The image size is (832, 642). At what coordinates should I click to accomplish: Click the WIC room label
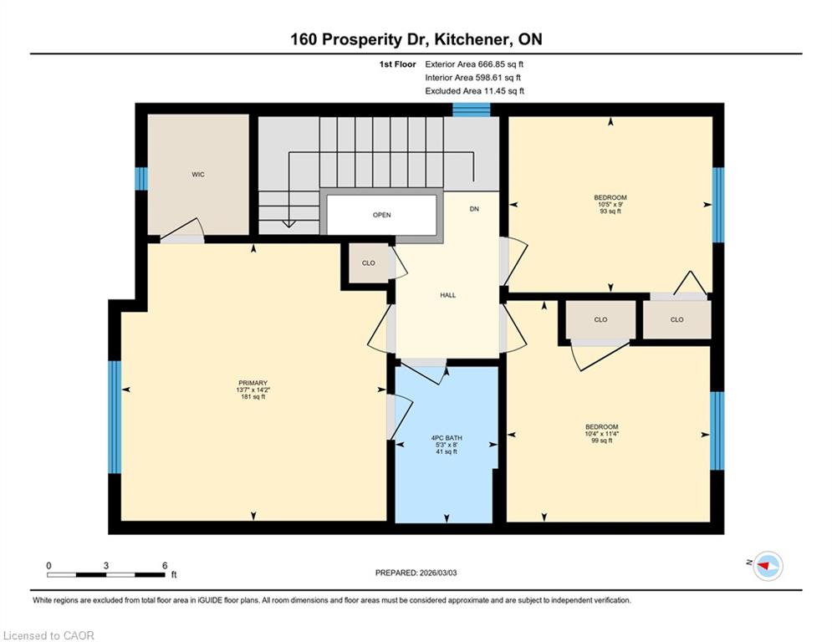click(x=198, y=175)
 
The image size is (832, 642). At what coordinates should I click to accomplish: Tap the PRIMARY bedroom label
click(x=253, y=390)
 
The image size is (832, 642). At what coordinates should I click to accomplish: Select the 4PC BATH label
click(x=447, y=445)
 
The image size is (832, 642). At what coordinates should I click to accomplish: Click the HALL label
click(x=448, y=296)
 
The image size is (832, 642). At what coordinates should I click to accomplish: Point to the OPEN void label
click(x=381, y=215)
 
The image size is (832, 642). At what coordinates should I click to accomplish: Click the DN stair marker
click(x=474, y=209)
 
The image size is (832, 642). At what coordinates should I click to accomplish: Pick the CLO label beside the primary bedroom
click(x=368, y=263)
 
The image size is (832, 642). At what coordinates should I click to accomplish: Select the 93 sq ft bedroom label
click(x=610, y=204)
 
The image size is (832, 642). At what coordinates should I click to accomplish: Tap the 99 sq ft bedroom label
click(x=602, y=434)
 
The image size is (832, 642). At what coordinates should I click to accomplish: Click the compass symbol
click(x=768, y=566)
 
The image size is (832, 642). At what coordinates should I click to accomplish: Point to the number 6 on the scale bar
click(x=165, y=566)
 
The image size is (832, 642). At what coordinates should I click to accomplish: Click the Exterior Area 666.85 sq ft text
click(x=474, y=64)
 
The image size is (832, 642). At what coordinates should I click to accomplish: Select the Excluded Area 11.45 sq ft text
click(x=474, y=91)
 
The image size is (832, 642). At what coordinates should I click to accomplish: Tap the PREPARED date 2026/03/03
click(x=416, y=573)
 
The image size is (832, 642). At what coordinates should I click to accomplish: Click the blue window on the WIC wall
click(x=141, y=179)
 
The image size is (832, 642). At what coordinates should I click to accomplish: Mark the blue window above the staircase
click(x=471, y=110)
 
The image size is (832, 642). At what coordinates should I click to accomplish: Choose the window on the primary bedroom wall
click(x=115, y=417)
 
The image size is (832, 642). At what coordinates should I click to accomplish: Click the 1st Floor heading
click(x=397, y=64)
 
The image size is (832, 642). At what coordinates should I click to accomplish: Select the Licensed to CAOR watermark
click(x=48, y=635)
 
